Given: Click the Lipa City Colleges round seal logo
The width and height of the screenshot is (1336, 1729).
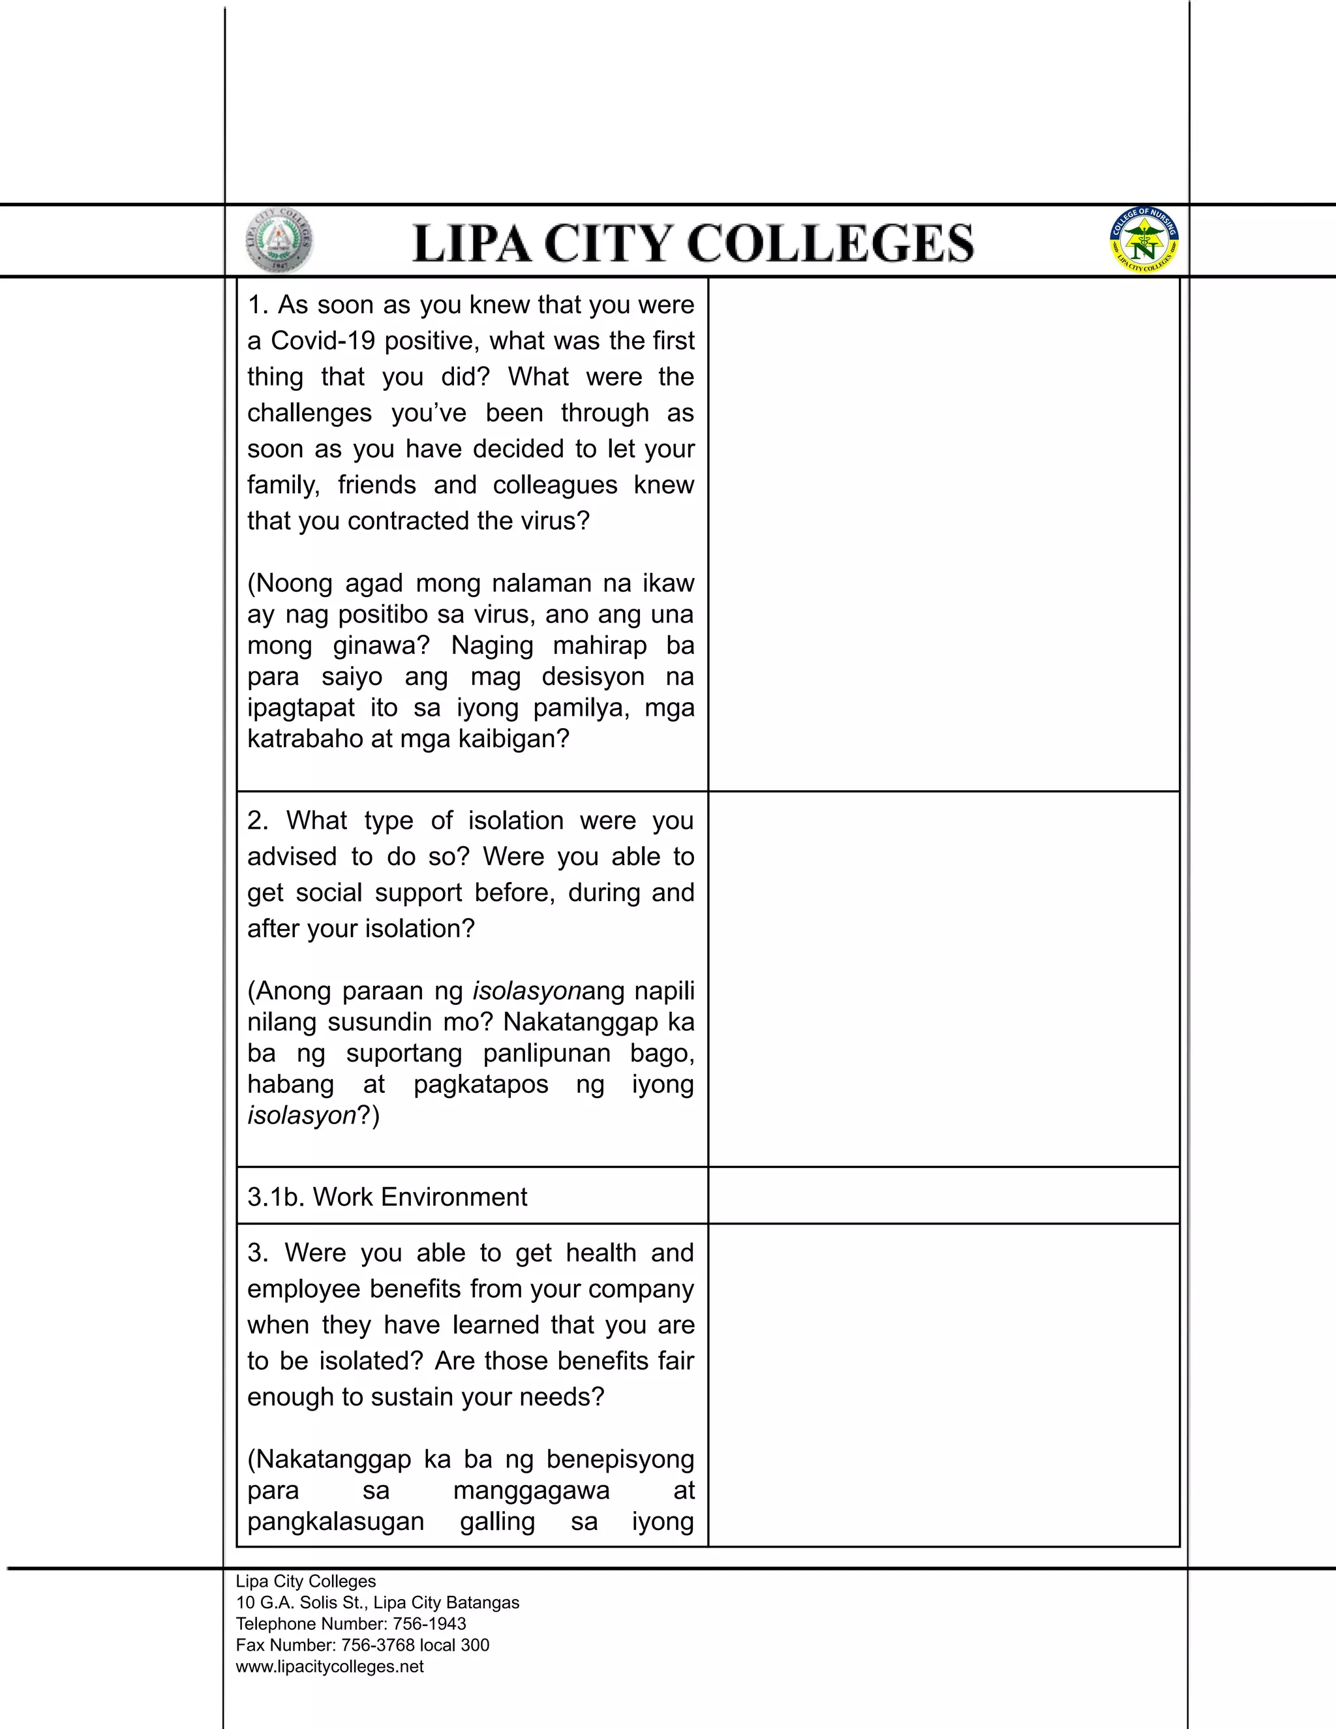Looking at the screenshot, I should [x=279, y=241].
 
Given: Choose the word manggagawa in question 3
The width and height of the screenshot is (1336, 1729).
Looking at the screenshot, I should [x=531, y=1490].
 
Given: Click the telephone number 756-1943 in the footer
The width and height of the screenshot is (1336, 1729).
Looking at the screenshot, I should [x=429, y=1624].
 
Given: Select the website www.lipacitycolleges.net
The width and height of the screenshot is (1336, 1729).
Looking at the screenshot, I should [x=329, y=1666].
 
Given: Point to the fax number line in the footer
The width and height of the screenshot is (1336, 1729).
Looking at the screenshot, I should [x=363, y=1645].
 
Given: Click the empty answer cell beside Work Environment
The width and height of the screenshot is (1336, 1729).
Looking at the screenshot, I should [x=943, y=1195].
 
